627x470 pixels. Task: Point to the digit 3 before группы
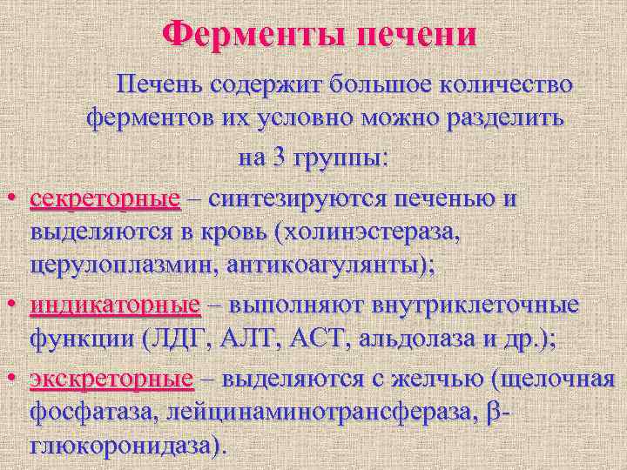[278, 158]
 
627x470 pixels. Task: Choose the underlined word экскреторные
[111, 379]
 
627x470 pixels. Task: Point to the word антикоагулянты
[328, 269]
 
